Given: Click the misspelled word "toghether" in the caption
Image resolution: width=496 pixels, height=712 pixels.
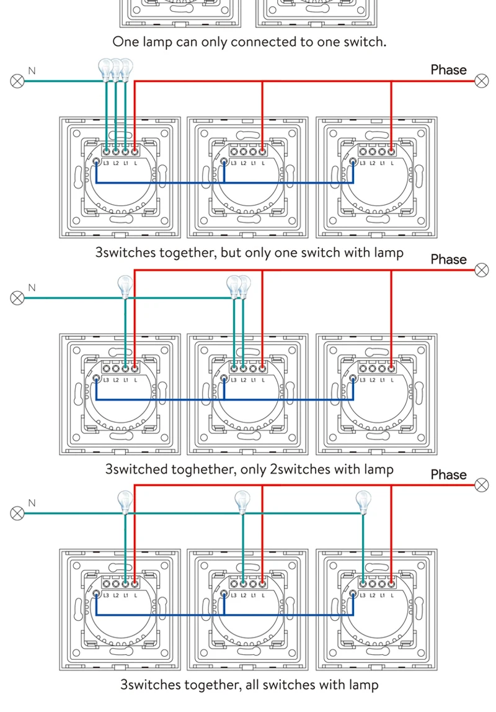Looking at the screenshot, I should click(202, 469).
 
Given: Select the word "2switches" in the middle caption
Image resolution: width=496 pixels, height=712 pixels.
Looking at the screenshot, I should click(301, 469).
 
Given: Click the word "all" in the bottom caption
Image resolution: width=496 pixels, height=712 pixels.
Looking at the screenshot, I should click(255, 685).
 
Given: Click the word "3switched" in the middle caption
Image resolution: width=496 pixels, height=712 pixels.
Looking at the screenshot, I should click(136, 469).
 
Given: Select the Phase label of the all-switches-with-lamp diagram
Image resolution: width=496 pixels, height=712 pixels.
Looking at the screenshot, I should click(448, 475).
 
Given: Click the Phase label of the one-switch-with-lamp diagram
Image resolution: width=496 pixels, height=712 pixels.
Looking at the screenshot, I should click(448, 70).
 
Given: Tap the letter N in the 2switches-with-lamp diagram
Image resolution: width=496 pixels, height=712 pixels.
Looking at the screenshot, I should click(32, 288).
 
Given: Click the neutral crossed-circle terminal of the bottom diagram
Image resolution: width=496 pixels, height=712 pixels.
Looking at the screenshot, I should click(17, 513).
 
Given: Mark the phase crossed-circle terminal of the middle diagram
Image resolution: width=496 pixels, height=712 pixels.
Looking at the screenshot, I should click(481, 269).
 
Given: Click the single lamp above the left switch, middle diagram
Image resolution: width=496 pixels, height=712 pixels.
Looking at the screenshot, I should click(126, 287).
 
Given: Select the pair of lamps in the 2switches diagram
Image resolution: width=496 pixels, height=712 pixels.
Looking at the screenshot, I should click(239, 286).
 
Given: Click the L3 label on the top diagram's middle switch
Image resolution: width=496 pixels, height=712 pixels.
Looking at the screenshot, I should click(233, 163).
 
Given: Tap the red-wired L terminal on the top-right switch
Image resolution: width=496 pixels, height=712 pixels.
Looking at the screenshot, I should click(391, 150).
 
